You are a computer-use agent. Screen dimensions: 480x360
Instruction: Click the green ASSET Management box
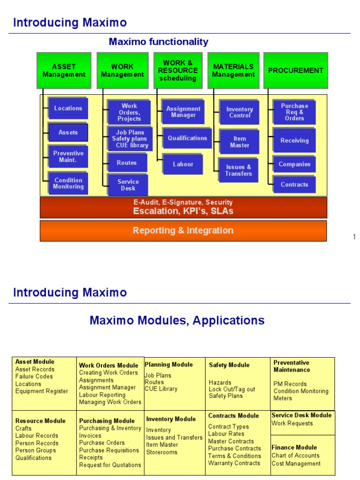(64, 70)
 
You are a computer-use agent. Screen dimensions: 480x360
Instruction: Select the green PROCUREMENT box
(295, 70)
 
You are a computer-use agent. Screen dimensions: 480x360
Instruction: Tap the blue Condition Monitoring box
(68, 183)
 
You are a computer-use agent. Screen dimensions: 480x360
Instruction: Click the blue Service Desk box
(127, 185)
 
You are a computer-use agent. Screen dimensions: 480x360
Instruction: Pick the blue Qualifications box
(187, 138)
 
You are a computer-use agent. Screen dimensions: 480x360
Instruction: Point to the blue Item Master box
(239, 142)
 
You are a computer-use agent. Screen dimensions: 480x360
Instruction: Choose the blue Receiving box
(294, 140)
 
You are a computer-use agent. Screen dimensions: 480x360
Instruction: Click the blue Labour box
(183, 165)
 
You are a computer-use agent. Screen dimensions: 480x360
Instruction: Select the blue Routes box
(127, 163)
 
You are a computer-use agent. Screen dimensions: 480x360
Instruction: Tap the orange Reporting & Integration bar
(183, 231)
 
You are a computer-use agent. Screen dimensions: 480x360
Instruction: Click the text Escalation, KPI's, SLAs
(183, 211)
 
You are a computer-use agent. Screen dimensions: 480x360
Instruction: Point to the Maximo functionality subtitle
(158, 42)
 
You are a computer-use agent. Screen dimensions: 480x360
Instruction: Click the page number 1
(354, 237)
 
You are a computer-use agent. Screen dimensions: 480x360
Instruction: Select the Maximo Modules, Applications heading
(177, 321)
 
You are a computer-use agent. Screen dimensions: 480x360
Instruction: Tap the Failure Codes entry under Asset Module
(34, 376)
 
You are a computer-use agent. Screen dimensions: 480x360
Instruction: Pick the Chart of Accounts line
(295, 455)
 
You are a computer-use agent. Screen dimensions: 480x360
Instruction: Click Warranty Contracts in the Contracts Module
(234, 463)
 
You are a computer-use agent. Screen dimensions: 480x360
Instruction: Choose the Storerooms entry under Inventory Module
(162, 452)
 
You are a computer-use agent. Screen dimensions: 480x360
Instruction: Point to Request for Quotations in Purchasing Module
(110, 465)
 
